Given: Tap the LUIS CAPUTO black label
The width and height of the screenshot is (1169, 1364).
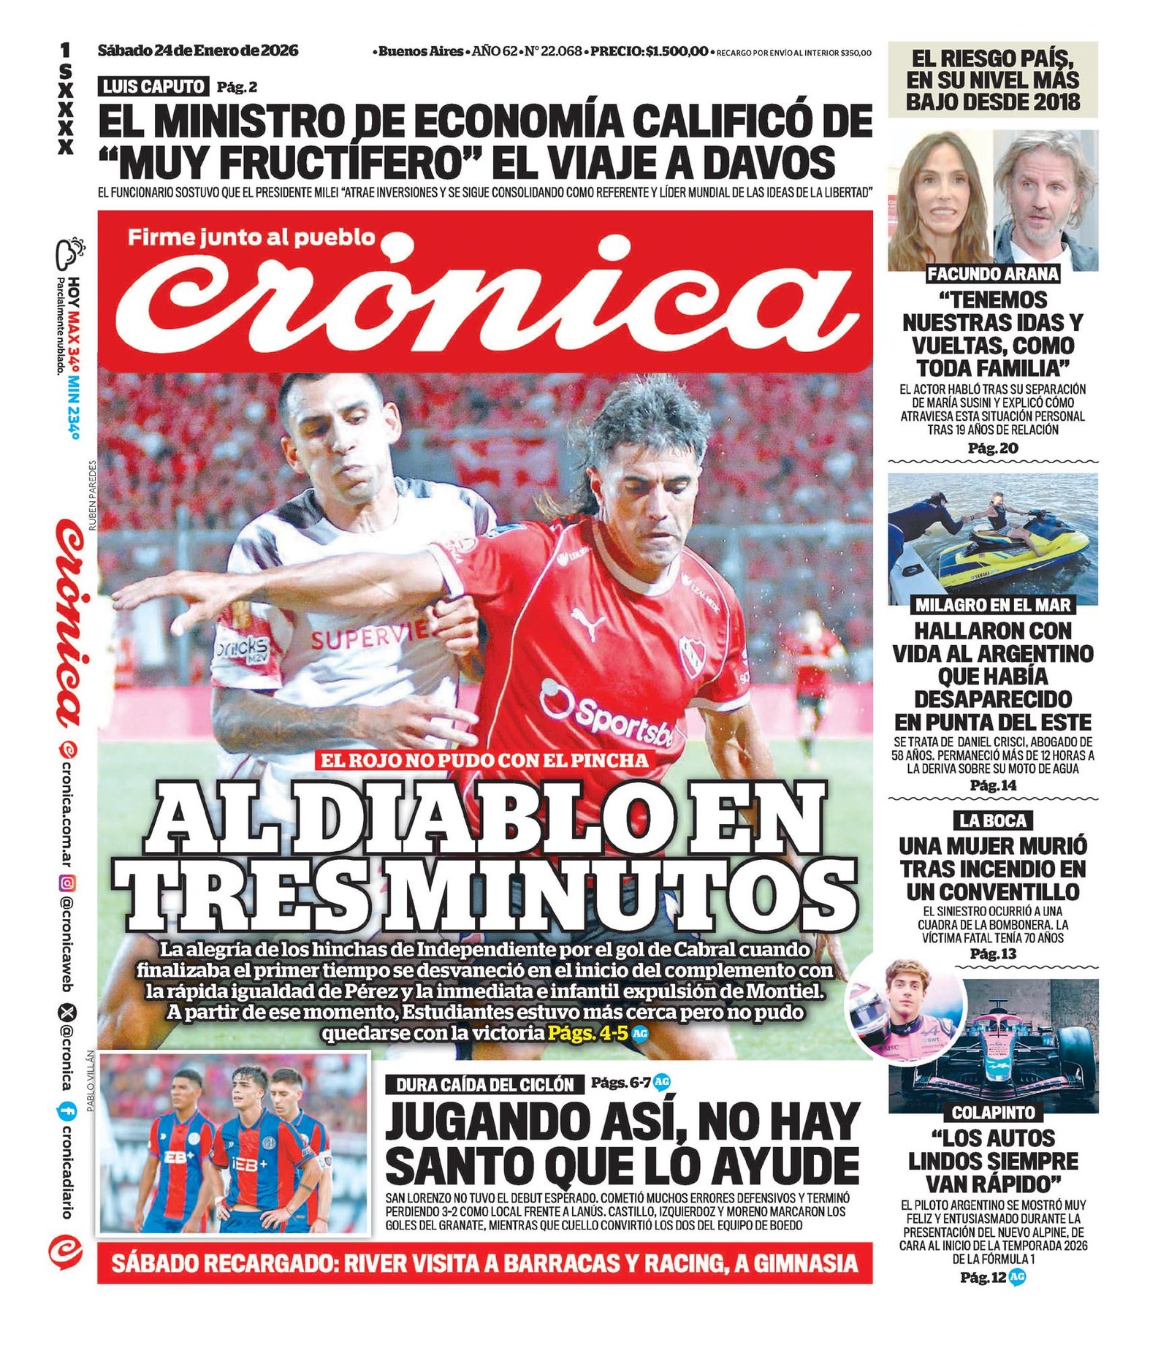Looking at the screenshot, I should [153, 86].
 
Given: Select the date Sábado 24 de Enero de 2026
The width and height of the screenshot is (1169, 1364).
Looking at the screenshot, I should [198, 50].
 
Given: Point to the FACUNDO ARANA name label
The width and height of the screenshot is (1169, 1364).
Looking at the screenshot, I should [992, 274].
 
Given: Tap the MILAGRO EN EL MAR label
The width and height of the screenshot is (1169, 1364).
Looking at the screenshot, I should [992, 605].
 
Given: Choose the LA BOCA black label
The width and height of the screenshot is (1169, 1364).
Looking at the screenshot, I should [992, 820].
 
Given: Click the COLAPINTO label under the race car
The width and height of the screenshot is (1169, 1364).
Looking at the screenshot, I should [992, 1113].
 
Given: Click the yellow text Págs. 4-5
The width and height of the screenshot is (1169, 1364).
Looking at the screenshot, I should [587, 1033].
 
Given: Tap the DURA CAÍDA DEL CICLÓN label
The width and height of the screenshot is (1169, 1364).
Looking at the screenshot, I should [484, 1084].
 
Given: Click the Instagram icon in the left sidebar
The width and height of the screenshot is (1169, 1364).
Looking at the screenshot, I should [67, 883].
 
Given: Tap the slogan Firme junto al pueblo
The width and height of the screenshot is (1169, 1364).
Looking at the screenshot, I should [251, 237].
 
